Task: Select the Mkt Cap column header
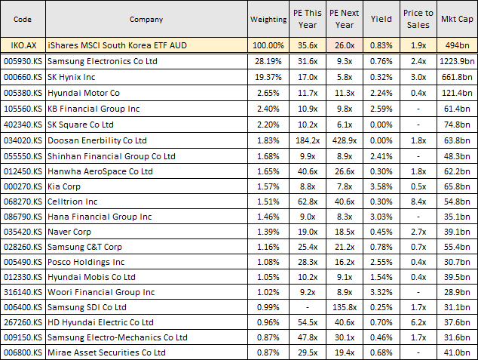[456, 19]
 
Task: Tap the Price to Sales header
[418, 19]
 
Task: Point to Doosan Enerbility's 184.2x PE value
[305, 140]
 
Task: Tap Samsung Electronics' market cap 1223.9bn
[457, 61]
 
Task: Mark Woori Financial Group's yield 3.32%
[381, 291]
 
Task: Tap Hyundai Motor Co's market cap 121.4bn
[457, 93]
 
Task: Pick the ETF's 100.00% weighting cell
[268, 45]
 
